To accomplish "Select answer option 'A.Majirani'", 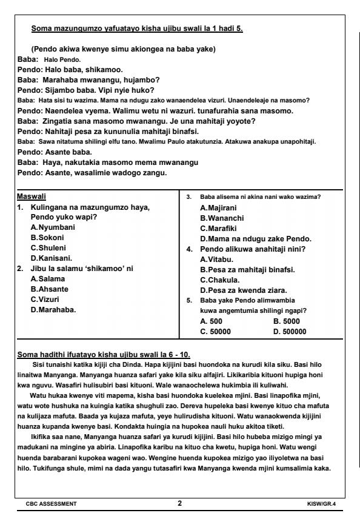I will tap(219, 207).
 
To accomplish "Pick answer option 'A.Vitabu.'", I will tap(217, 260).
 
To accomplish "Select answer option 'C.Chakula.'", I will tap(221, 280).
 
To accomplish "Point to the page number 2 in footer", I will tap(179, 503).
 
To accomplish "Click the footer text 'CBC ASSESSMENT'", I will tap(51, 503).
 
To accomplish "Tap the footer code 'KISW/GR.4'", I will tap(323, 503).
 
